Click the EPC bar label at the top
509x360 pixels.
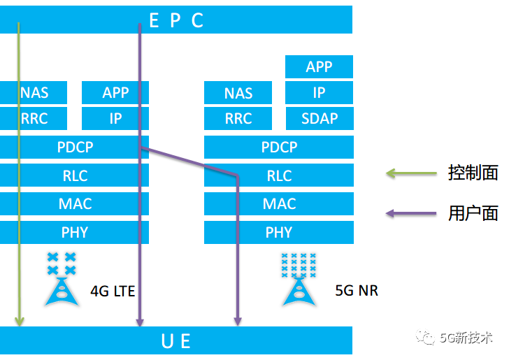tap(176, 20)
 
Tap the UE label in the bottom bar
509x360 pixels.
tap(176, 340)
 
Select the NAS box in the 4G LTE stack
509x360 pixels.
tap(34, 93)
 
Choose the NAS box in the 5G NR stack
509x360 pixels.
tap(238, 93)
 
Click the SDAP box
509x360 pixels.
tap(320, 118)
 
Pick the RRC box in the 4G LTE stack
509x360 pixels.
tap(34, 118)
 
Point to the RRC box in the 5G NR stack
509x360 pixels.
tap(238, 118)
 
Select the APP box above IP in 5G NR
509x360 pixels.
tap(320, 67)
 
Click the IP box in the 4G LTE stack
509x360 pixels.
tap(115, 118)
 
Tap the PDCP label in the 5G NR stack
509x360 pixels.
tap(279, 147)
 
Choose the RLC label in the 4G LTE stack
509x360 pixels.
tap(75, 175)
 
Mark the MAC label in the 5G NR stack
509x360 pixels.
tap(279, 204)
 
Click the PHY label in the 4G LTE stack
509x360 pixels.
tap(75, 232)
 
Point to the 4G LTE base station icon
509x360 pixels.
tap(61, 280)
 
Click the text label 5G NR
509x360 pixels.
tap(357, 290)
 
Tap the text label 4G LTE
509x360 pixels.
tap(113, 290)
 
